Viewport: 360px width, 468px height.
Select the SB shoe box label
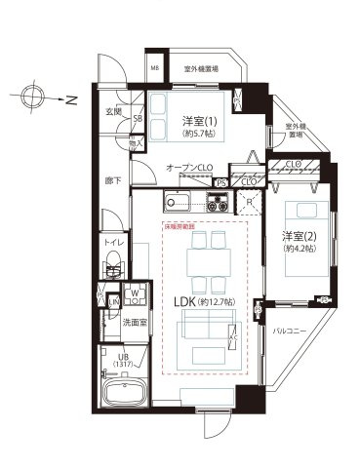pos(138,118)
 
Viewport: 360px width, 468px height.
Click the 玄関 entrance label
pos(114,112)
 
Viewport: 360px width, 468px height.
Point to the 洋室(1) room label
pos(200,120)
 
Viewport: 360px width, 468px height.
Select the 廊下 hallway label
pos(114,180)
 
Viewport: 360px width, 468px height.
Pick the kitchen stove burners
pos(217,204)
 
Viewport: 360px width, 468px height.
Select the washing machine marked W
pos(134,291)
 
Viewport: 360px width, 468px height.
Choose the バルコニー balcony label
pos(290,332)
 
